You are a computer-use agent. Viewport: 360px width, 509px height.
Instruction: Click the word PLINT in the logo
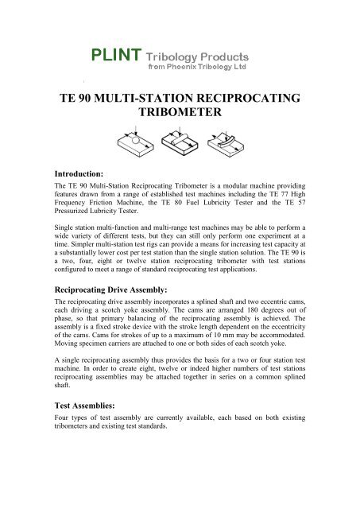click(115, 56)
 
